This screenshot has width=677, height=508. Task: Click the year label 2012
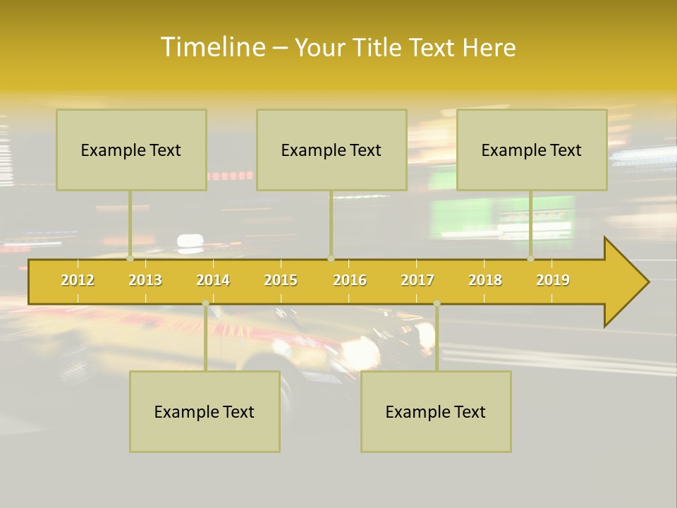(78, 280)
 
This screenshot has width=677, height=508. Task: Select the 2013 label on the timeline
(145, 280)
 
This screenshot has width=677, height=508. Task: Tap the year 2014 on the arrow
(213, 280)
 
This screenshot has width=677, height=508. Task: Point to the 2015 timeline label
(281, 280)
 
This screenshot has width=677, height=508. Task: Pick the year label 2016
(350, 280)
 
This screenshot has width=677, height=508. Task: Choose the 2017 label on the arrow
(417, 280)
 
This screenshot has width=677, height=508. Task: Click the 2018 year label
(485, 280)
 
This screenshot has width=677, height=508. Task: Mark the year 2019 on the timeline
(553, 280)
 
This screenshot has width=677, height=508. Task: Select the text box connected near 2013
(131, 150)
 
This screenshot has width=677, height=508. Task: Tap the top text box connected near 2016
(331, 150)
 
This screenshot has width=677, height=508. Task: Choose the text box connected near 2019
(532, 150)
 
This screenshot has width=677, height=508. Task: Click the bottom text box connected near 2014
(205, 412)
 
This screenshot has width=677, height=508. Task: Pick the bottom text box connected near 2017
(436, 412)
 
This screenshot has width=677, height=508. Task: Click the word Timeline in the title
(212, 47)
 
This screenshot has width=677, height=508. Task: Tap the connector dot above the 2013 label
(130, 258)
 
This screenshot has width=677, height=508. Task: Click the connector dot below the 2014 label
(205, 303)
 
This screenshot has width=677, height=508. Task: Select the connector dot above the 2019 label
(531, 258)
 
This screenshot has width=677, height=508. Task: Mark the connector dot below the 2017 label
(437, 303)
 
